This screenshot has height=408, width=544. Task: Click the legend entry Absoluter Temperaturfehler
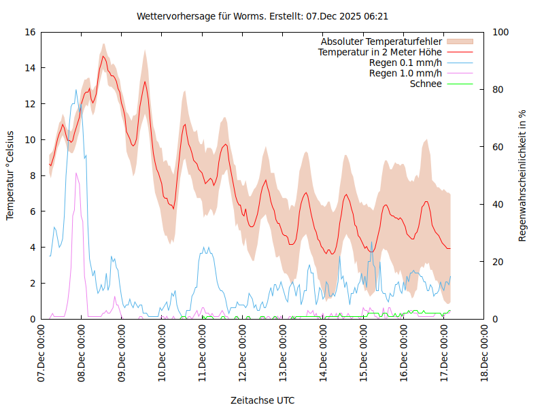click(381, 41)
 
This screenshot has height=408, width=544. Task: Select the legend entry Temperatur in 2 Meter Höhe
click(380, 52)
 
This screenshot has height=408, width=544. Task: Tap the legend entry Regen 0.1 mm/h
click(405, 63)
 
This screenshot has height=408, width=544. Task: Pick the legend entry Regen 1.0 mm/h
click(405, 73)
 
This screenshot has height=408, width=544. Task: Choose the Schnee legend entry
click(426, 84)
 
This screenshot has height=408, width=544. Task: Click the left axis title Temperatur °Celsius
click(10, 175)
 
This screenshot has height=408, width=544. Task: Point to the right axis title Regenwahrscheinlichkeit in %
click(523, 175)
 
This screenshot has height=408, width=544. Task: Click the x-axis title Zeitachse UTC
click(262, 401)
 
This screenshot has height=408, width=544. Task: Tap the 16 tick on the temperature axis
click(30, 32)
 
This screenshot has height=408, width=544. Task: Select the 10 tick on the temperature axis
click(30, 139)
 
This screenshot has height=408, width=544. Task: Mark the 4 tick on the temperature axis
click(33, 248)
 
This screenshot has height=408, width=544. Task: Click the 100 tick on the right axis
click(500, 32)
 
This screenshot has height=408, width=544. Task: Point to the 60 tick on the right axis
click(498, 147)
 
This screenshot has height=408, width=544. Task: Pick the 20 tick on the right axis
click(498, 262)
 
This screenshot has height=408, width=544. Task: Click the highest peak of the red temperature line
click(103, 56)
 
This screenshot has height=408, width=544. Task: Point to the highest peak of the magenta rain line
click(77, 173)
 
